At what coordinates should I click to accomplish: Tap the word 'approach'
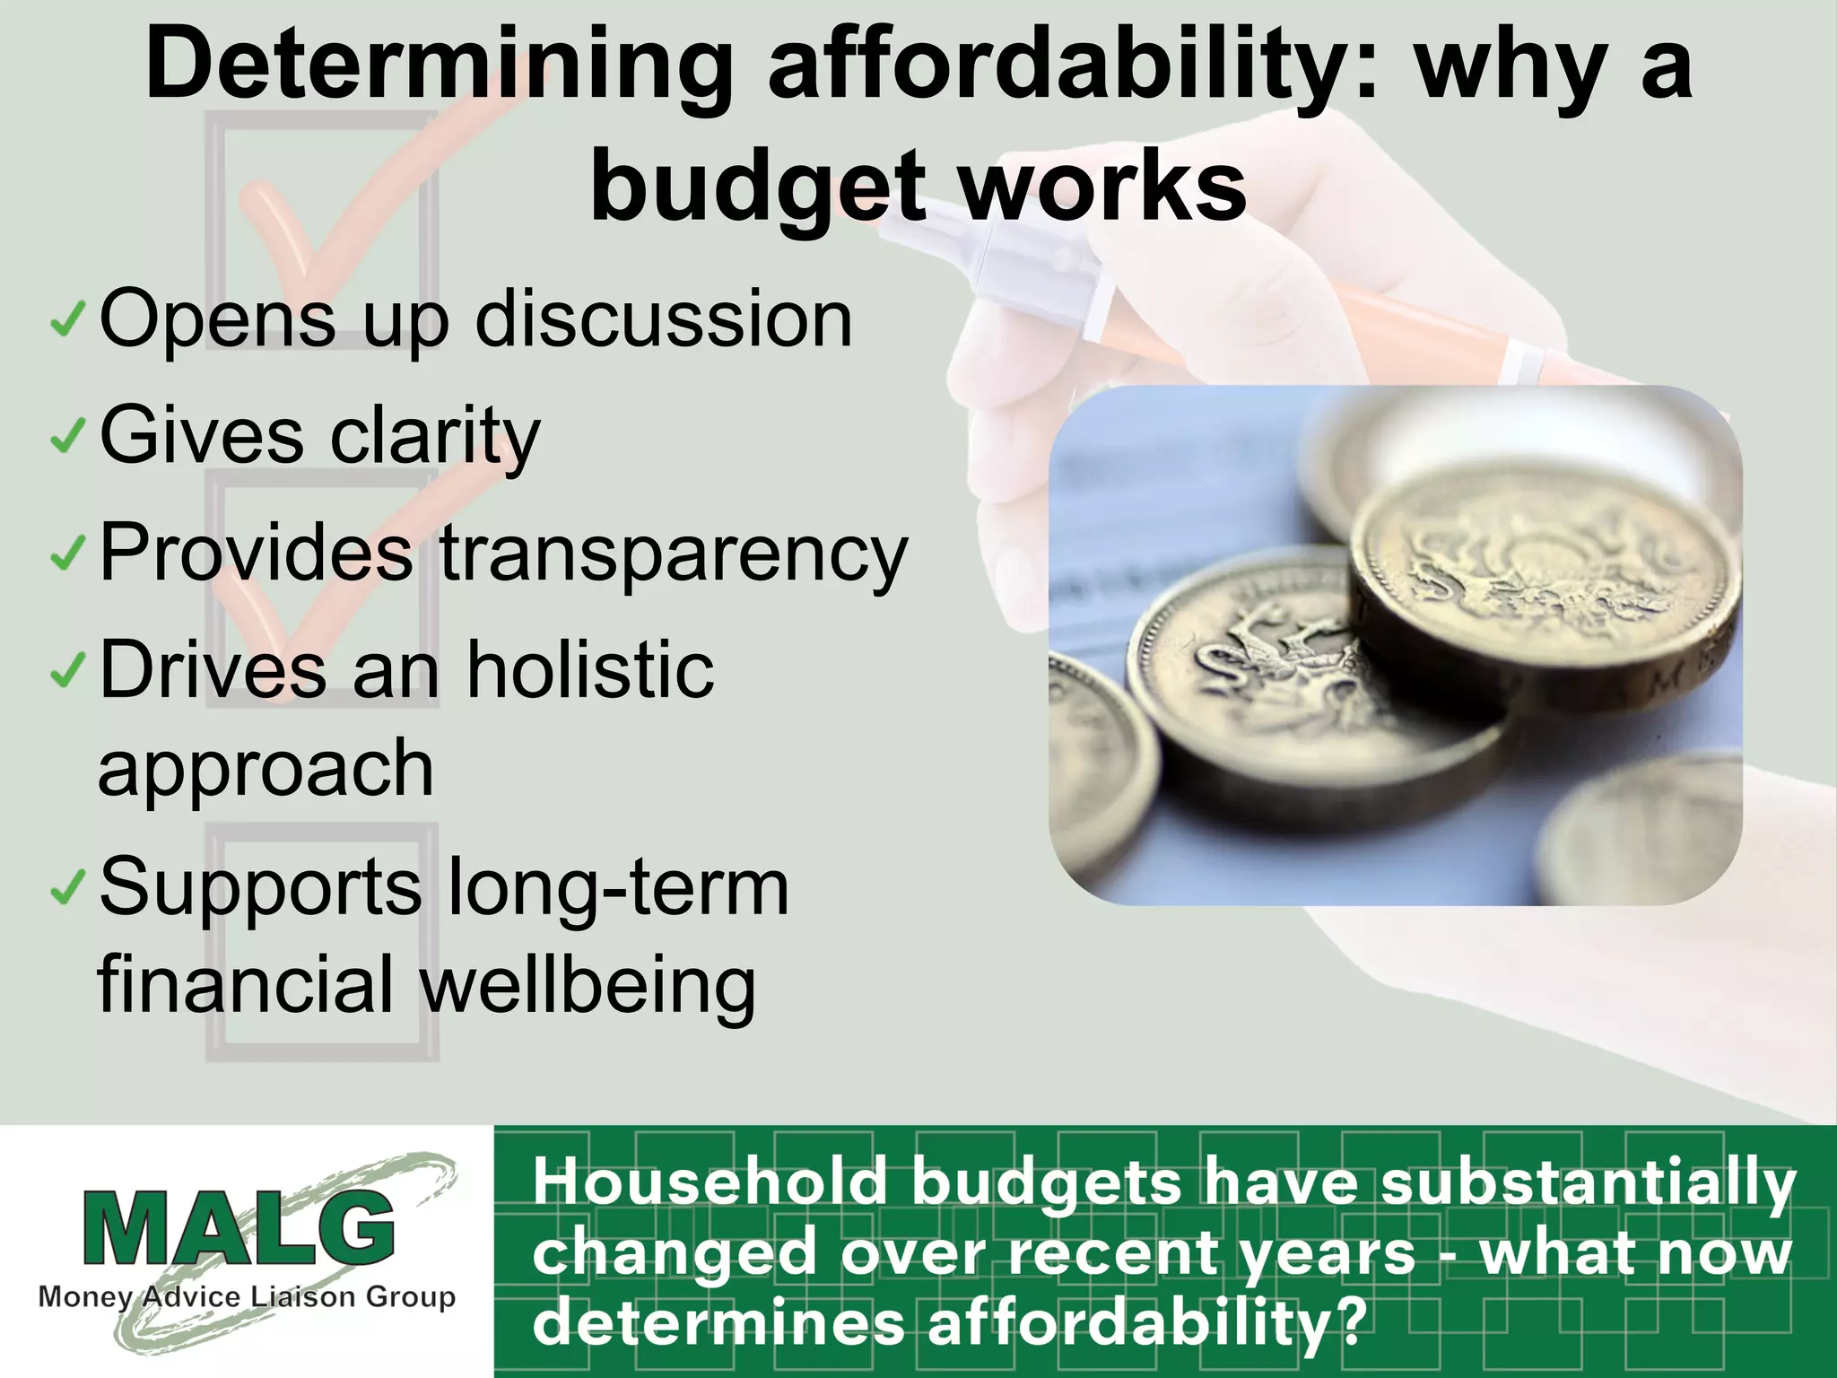[x=266, y=770]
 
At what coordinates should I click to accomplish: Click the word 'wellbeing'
[x=588, y=985]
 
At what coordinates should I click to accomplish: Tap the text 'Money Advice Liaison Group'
[x=247, y=1297]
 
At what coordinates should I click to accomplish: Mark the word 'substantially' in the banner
[x=1588, y=1183]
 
